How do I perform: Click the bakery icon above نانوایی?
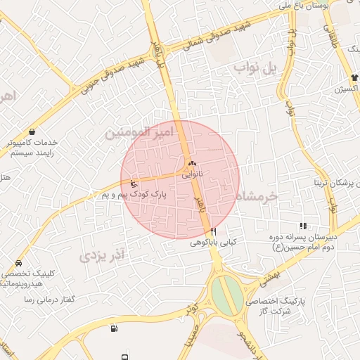click(x=191, y=162)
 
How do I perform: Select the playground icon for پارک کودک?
click(x=134, y=185)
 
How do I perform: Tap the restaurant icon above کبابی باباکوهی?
click(x=213, y=231)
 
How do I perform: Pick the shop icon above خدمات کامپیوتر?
click(x=32, y=131)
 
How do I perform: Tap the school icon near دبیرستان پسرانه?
click(x=303, y=226)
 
